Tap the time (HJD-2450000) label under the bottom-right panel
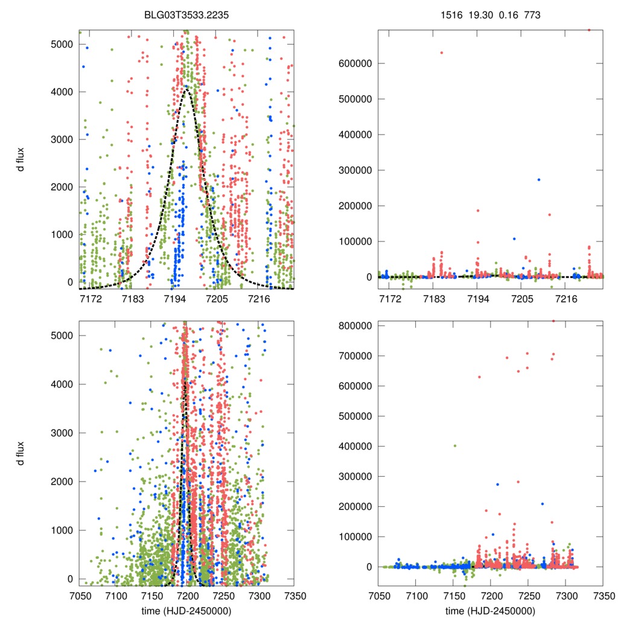(x=491, y=610)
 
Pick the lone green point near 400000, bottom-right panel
(x=455, y=446)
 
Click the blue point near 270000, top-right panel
(x=538, y=179)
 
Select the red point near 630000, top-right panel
(x=441, y=53)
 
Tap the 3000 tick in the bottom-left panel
(x=62, y=433)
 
